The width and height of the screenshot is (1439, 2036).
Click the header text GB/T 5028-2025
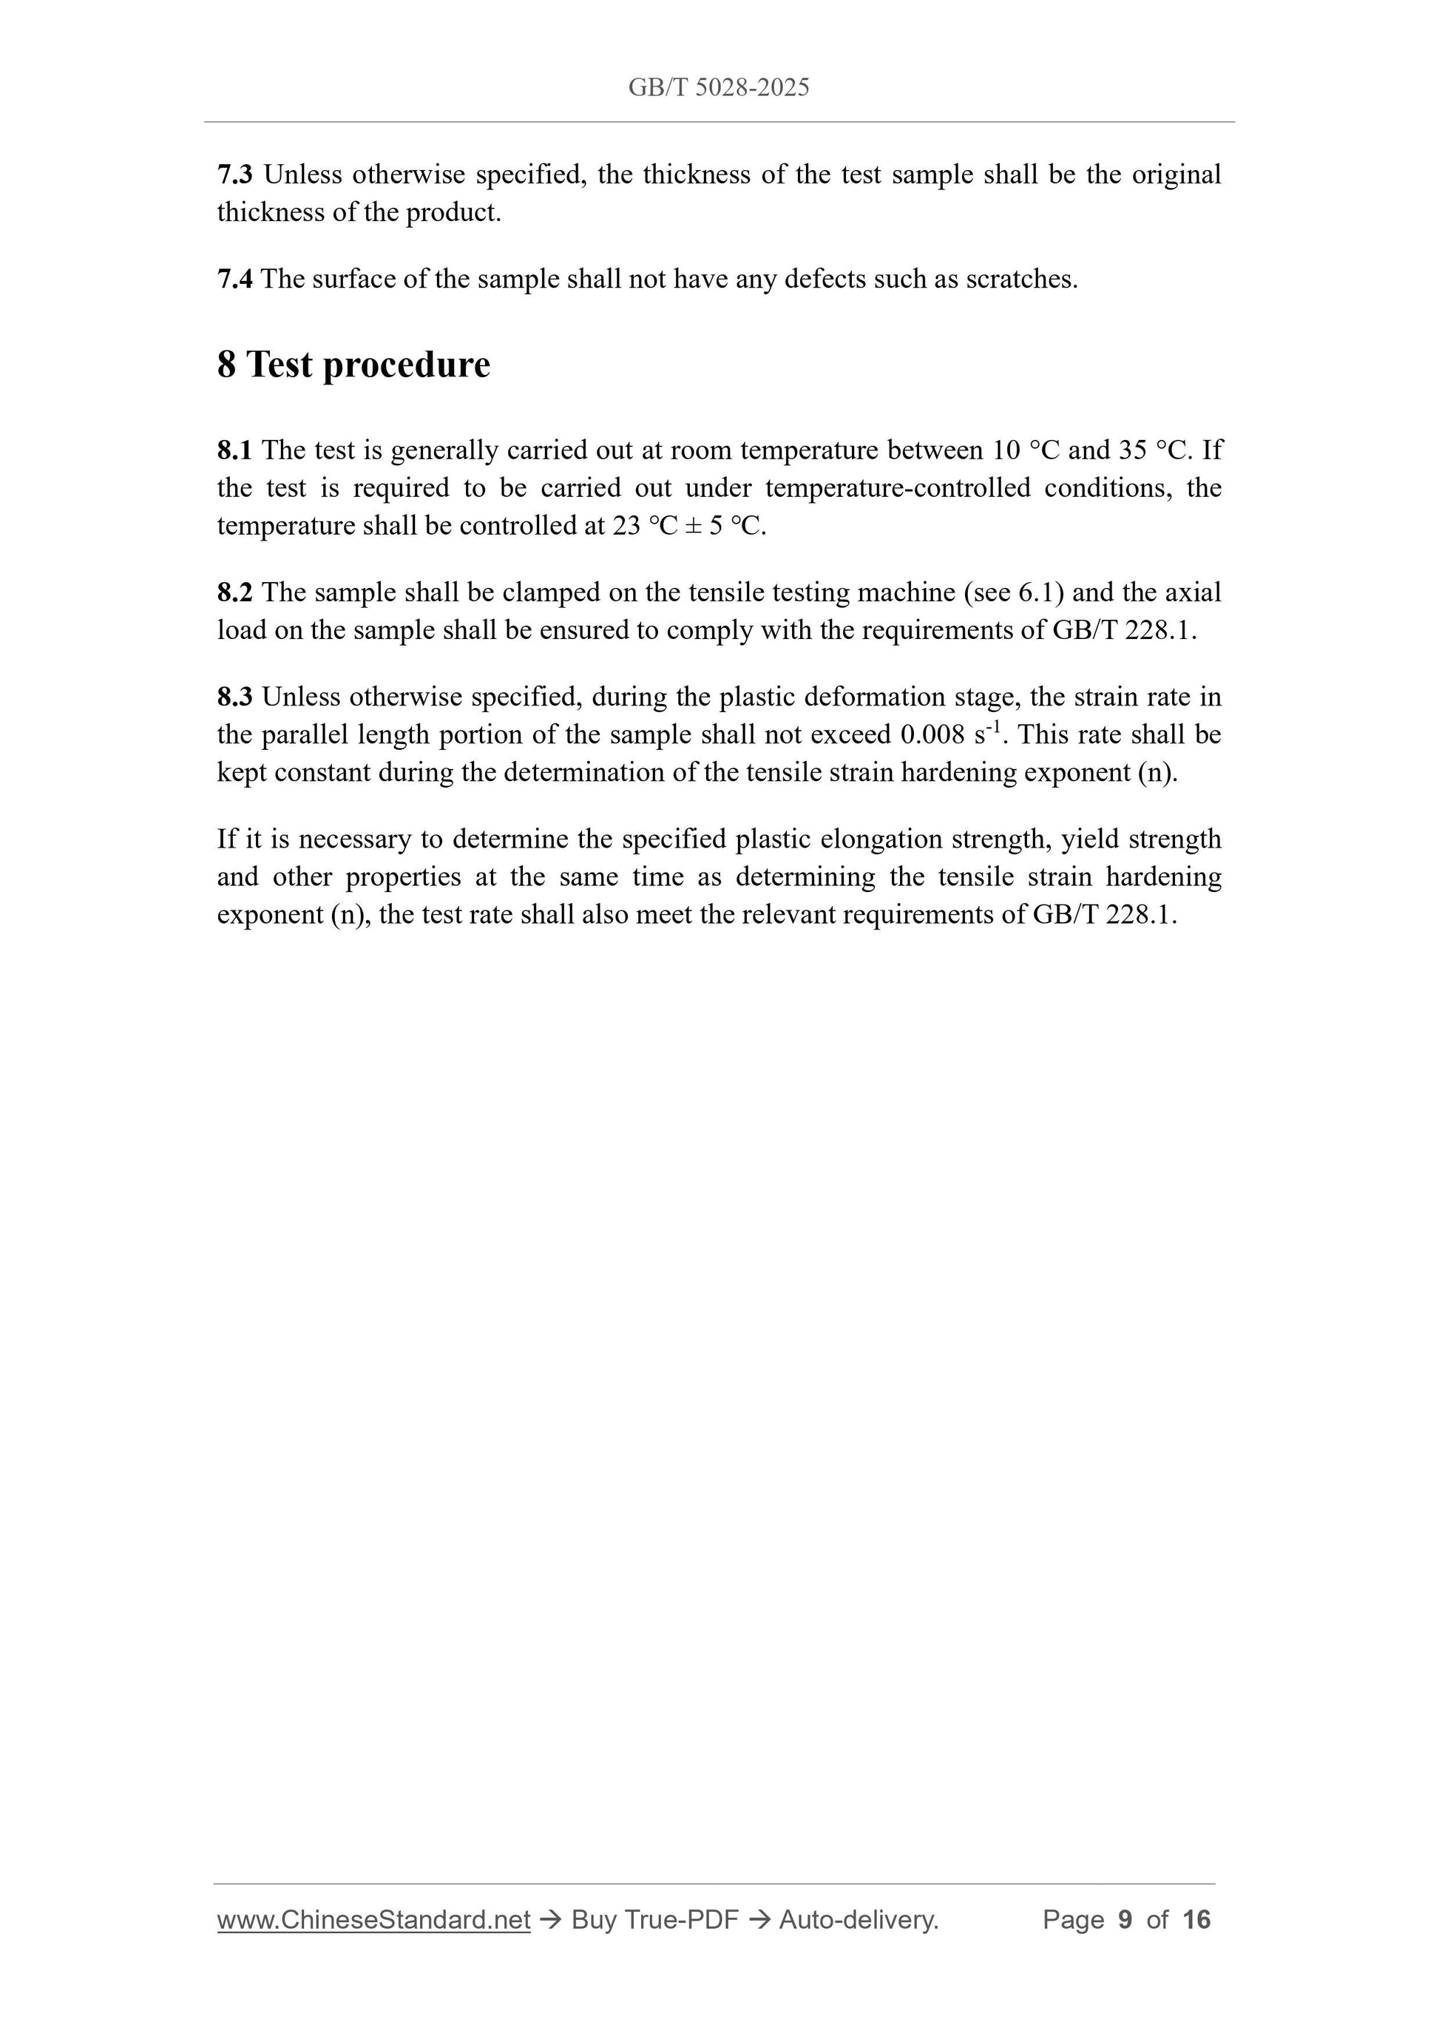tap(718, 87)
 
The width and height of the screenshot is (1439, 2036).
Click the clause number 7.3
tap(234, 175)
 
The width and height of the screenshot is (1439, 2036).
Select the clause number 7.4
tap(234, 280)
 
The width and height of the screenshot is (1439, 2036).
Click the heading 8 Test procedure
tap(353, 365)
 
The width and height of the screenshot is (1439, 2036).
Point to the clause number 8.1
tap(234, 450)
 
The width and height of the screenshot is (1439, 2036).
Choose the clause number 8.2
tap(234, 592)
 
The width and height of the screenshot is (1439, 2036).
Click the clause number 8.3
tap(234, 697)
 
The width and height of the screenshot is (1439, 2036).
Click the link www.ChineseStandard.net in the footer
tap(373, 1920)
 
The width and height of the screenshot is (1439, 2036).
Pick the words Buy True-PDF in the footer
tap(654, 1920)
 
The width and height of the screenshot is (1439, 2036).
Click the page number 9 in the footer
tap(1125, 1920)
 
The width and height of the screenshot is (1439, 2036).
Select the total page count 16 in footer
tap(1196, 1920)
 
